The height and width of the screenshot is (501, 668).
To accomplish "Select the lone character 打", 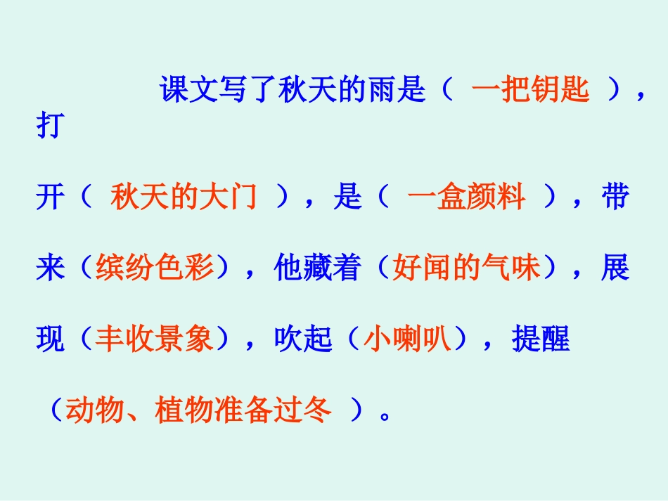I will [x=48, y=127].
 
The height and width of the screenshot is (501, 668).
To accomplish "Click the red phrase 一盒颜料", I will [x=465, y=199].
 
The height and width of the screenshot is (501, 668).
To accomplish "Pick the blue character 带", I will [x=615, y=199].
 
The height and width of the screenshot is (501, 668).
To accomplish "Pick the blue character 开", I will [x=49, y=199].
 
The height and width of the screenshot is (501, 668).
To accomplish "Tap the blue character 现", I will [x=49, y=341].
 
